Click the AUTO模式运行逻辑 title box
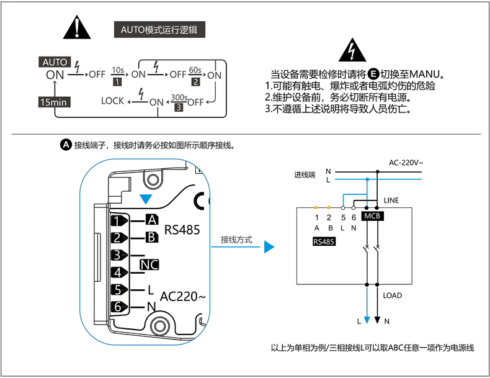tap(160, 29)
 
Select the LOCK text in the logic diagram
tap(113, 101)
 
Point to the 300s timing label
tap(179, 97)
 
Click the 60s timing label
tap(195, 69)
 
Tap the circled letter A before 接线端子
tap(66, 145)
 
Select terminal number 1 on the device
tap(117, 221)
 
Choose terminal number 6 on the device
tap(117, 307)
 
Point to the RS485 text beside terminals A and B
tap(182, 230)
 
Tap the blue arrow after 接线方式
tap(269, 247)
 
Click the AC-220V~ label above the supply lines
tap(406, 163)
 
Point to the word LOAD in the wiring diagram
tap(393, 295)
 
